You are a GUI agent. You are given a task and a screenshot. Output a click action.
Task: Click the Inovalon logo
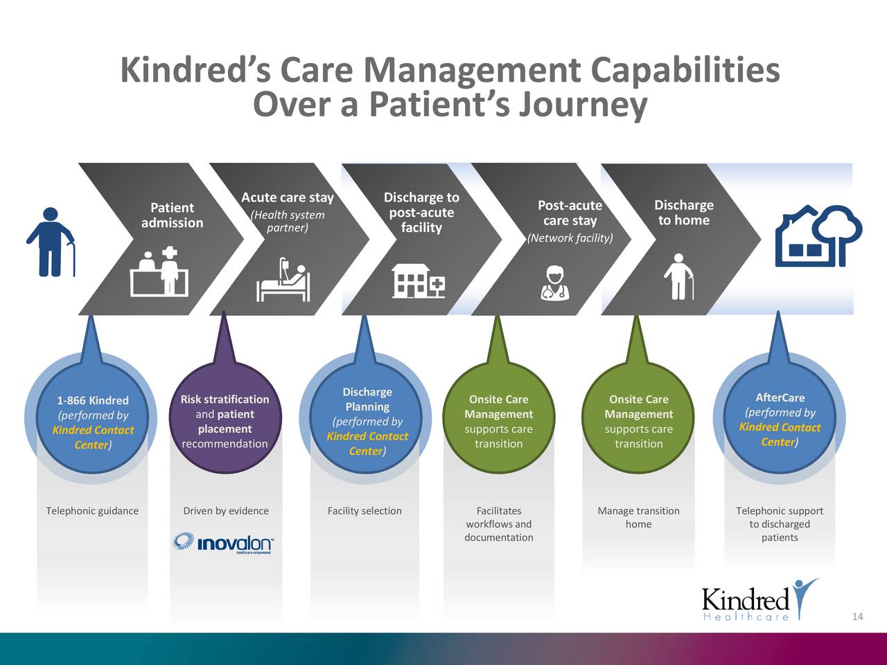pos(223,542)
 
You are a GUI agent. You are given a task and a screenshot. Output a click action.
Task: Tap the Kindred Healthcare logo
pos(759,600)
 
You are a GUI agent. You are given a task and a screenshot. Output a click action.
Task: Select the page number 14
pos(857,617)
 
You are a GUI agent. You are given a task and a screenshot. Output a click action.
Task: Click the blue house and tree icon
pos(818,236)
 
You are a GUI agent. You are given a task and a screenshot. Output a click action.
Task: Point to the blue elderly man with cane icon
pos(51,242)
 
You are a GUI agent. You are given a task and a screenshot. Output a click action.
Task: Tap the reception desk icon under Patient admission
pos(159,272)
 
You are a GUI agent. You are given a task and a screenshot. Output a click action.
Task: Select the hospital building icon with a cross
pos(419,281)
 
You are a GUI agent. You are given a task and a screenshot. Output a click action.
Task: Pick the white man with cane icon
pos(679,276)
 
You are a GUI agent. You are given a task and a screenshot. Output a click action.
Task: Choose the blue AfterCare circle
pos(780,420)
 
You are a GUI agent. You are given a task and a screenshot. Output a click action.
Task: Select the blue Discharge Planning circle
pos(367,421)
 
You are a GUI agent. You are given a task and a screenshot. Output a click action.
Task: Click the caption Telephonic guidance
pos(92,511)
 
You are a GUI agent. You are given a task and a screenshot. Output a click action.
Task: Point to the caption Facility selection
pos(365,511)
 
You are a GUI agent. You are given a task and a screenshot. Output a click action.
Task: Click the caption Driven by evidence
pos(226,511)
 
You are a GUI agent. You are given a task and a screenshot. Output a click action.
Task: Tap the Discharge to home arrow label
pos(683,213)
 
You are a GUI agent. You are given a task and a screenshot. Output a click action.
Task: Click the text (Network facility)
pos(570,238)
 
